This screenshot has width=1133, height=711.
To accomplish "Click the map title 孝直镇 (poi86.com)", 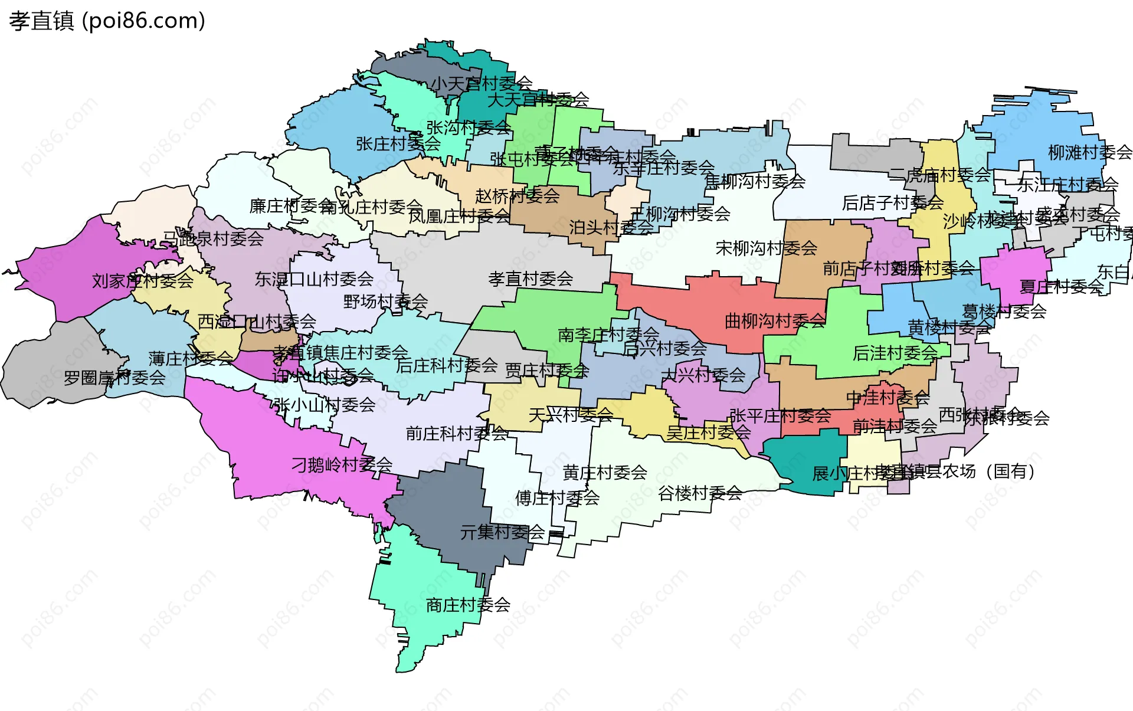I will pos(107,21).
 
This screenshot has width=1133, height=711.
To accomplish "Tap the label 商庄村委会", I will pos(468,605).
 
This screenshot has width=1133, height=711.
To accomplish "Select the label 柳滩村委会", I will pos(1089,153).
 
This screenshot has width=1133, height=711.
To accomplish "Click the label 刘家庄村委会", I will pos(142,281).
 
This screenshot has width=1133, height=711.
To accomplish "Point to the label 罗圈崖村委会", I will pos(114,378).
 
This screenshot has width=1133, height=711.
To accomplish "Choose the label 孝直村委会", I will pos(531,278).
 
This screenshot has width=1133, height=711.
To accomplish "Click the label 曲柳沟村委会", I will pos(775,321).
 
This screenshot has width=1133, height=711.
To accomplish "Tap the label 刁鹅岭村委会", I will pos(342,465).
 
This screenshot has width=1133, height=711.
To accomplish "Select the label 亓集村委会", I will pos(502,532).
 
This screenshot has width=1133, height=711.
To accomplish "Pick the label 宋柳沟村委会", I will pos(766,248).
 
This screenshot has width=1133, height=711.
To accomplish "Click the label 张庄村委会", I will pos(398,143).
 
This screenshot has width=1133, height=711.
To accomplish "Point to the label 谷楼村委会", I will pos(700,493).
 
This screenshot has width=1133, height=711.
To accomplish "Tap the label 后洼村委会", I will pos(895,353).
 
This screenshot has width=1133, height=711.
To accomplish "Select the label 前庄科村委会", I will pos(456,434).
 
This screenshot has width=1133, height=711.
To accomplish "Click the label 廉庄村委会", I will pos(292,206).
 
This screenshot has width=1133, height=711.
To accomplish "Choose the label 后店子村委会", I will pos(892,203).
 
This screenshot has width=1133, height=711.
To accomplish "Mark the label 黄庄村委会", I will pos(604,472).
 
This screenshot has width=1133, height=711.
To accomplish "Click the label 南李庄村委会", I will pos(608,335).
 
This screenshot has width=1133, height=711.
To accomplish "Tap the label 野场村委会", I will pos(385,302).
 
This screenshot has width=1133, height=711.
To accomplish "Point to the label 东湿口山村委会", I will pos(314,279).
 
